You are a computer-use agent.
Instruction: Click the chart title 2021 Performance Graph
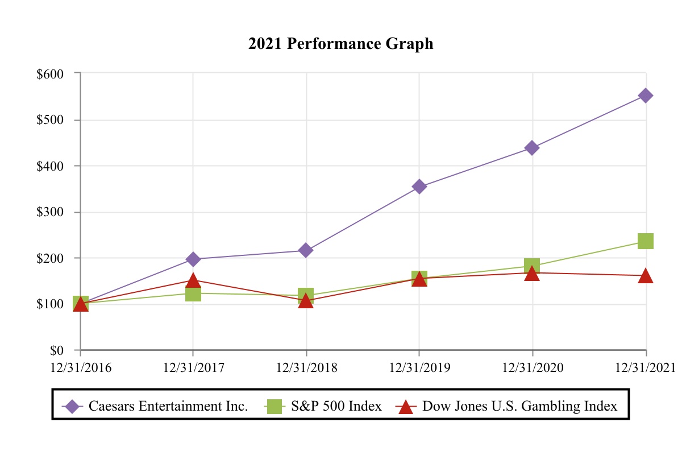[x=340, y=44]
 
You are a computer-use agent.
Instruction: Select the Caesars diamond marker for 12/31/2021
[x=646, y=96]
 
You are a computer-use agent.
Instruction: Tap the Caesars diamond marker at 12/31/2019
[x=419, y=187]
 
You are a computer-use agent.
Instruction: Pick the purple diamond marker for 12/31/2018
[x=306, y=250]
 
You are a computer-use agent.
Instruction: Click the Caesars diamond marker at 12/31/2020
[x=533, y=148]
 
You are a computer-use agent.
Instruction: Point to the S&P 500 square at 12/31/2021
[x=646, y=241]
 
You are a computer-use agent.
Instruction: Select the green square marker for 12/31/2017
[x=193, y=293]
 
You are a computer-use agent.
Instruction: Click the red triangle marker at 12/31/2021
[x=646, y=276]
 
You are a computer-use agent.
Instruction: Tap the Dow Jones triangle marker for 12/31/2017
[x=193, y=280]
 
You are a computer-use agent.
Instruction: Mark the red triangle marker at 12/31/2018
[x=306, y=300]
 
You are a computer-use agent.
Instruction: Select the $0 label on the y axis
[x=56, y=350]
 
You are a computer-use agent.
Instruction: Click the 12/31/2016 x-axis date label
[x=80, y=367]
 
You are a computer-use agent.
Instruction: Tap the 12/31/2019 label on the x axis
[x=419, y=367]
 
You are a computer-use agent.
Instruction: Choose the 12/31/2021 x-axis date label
[x=646, y=367]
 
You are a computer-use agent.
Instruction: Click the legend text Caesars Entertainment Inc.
[x=168, y=406]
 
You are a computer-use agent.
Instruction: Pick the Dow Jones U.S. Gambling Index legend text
[x=519, y=406]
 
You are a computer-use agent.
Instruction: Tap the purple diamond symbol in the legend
[x=72, y=406]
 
